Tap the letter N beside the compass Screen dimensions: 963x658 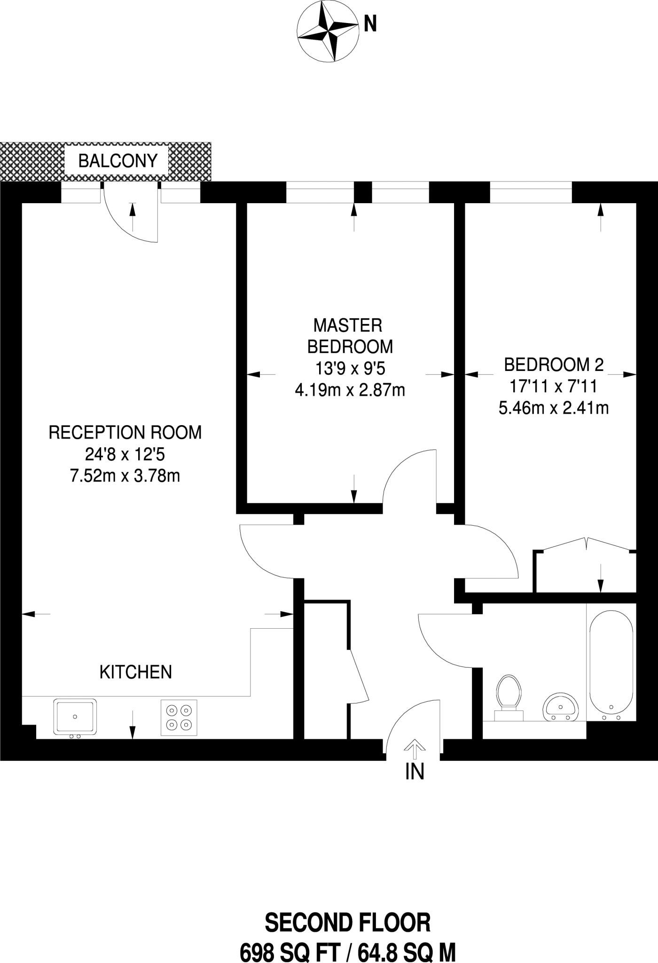coord(370,24)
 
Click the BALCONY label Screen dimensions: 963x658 coord(117,161)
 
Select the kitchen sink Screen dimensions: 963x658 coord(75,717)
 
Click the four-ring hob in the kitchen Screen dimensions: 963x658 coord(179,717)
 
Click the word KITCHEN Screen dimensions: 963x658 coord(135,672)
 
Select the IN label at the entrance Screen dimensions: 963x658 coord(415,772)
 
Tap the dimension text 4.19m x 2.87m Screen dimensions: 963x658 coord(350,390)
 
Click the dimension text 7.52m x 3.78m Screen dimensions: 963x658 coord(125,476)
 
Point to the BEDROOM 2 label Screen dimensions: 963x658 coord(554,364)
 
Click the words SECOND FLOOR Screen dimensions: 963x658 coord(347,923)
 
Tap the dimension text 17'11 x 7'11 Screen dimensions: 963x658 coord(554,386)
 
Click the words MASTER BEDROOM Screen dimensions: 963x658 coord(350,336)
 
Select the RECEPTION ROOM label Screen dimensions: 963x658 coord(125,433)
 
